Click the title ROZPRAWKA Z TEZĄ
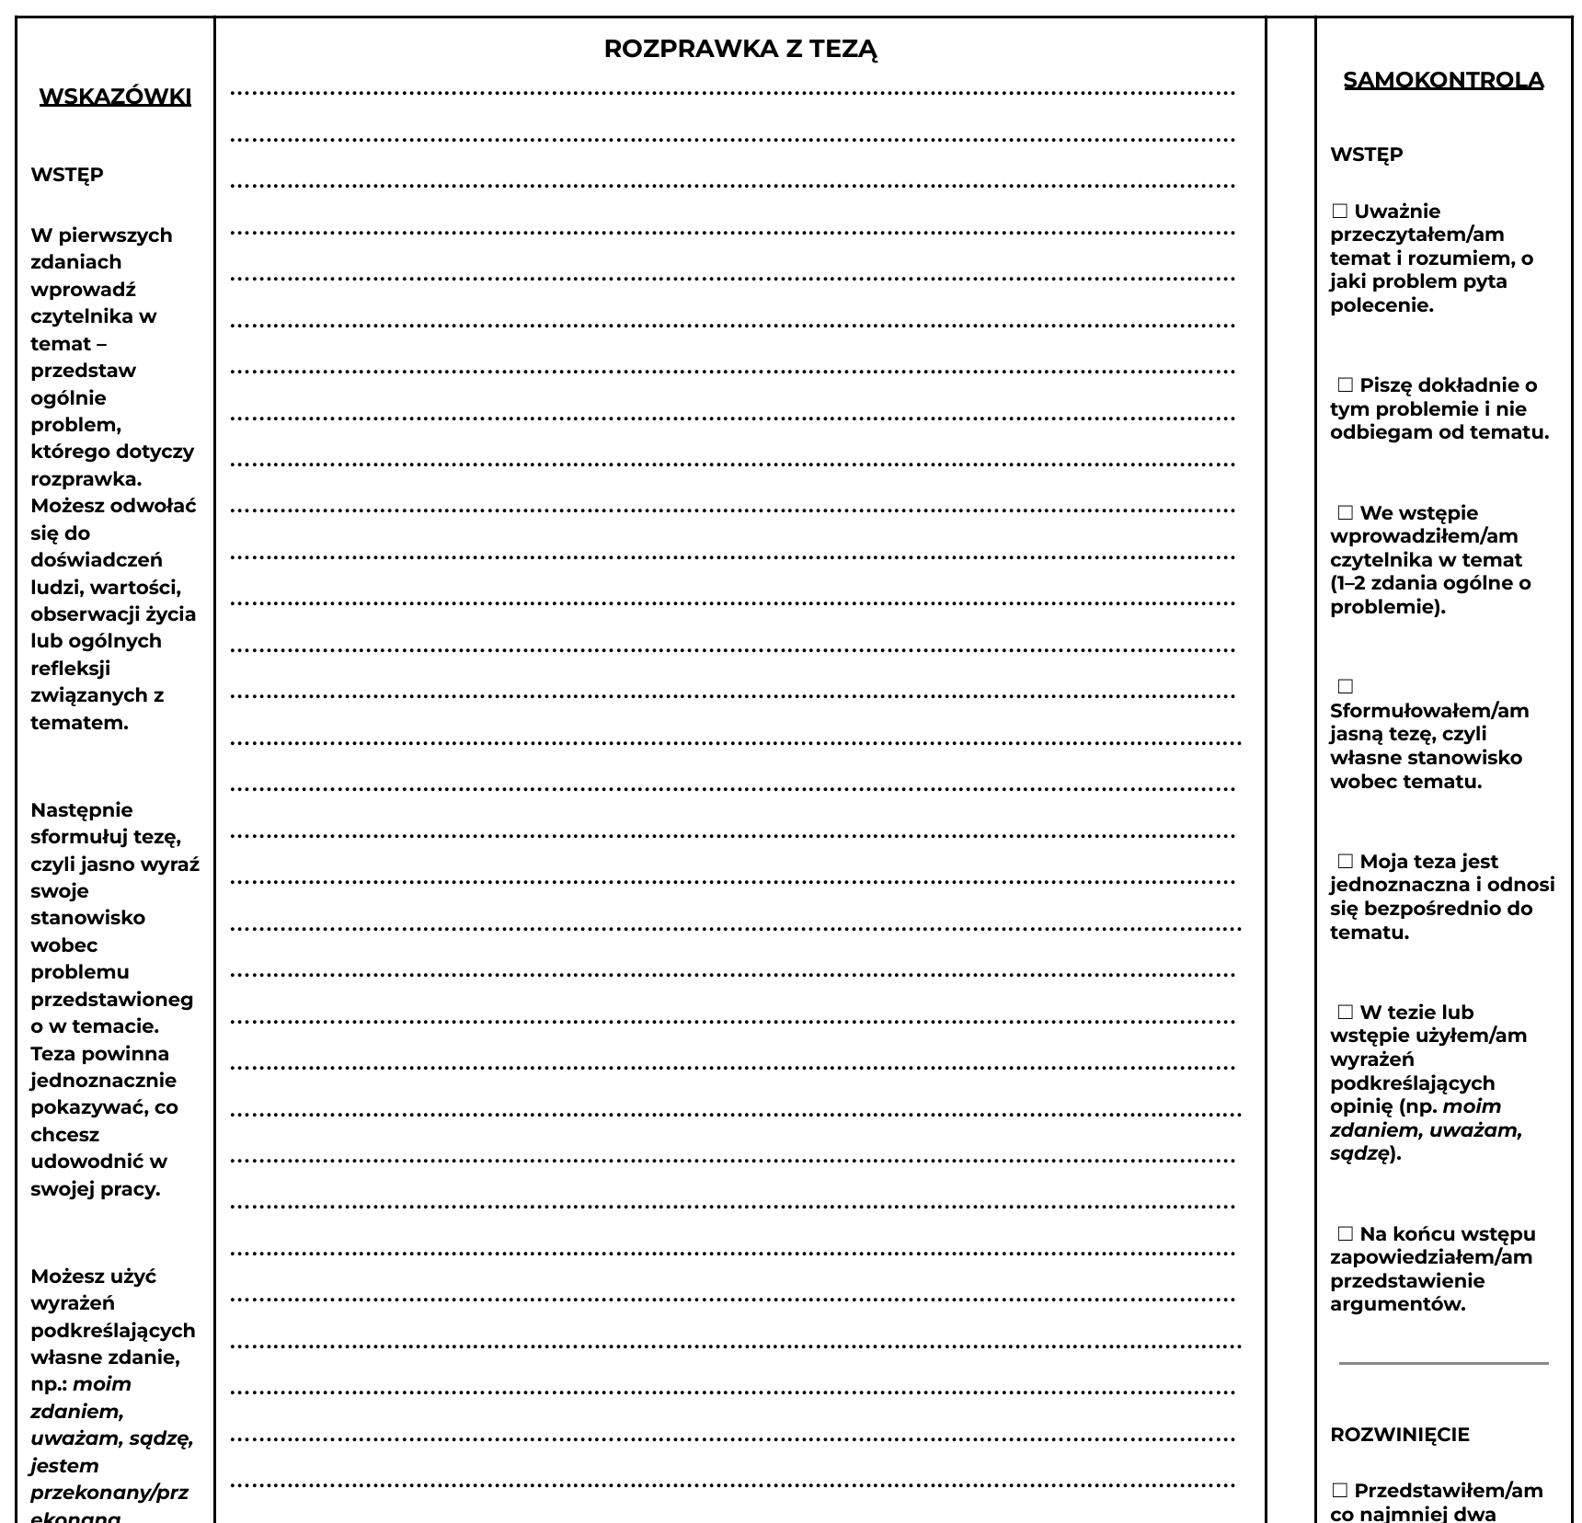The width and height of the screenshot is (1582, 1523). tap(740, 50)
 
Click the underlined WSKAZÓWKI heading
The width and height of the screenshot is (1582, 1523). tap(115, 97)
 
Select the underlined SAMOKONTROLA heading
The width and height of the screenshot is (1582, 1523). tap(1443, 80)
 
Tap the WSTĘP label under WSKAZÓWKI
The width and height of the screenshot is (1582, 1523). tap(67, 175)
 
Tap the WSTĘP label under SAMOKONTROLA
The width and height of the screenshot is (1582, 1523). tap(1366, 155)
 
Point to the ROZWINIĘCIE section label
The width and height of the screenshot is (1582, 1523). tap(1399, 1434)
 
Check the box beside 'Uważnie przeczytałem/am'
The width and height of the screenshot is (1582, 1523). tap(1339, 212)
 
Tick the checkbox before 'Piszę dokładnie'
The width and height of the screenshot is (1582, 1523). tap(1345, 385)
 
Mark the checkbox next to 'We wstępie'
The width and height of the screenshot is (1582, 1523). tap(1345, 513)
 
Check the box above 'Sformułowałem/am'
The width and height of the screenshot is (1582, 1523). tap(1345, 687)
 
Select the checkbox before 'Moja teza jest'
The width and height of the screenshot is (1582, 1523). tap(1345, 862)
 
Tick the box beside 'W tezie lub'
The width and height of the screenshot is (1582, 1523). tap(1345, 1013)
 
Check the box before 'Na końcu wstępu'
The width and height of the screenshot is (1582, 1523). tap(1345, 1234)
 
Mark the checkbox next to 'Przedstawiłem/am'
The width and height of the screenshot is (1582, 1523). tap(1339, 1490)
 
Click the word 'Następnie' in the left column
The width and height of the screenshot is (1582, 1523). tap(82, 810)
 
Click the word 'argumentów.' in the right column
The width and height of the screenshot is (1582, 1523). tap(1397, 1304)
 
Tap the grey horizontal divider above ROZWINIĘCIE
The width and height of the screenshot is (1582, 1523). tap(1443, 1363)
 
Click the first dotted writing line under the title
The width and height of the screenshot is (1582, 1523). tap(732, 93)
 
